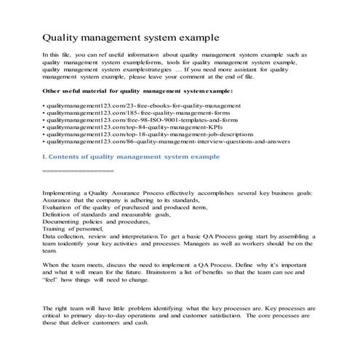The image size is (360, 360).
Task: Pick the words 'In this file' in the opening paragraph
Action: (x=60, y=55)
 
